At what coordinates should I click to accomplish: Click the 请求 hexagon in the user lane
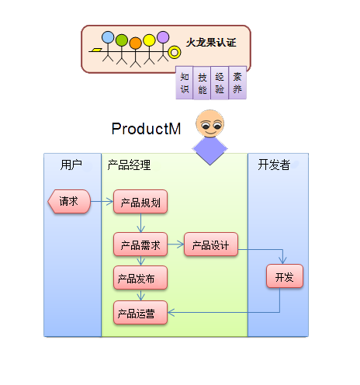(x=69, y=201)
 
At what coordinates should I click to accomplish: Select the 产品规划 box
(x=140, y=202)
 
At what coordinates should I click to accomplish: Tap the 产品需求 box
(x=140, y=245)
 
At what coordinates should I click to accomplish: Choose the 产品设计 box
(x=211, y=245)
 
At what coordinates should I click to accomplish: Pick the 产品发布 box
(x=140, y=278)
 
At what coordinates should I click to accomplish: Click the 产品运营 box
(x=140, y=312)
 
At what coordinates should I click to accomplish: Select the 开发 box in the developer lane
(x=285, y=276)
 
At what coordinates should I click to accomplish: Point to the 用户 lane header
(x=71, y=165)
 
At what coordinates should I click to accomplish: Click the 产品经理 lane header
(x=129, y=165)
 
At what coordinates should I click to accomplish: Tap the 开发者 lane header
(x=274, y=165)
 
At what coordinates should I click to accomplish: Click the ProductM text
(x=146, y=129)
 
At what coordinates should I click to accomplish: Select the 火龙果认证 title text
(x=211, y=43)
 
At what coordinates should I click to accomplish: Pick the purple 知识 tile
(x=185, y=83)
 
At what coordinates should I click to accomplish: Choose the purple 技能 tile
(x=202, y=83)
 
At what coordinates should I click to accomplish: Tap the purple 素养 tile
(x=237, y=83)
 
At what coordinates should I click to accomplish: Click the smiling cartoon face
(x=210, y=123)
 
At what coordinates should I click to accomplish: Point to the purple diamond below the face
(x=209, y=149)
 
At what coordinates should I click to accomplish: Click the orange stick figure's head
(x=135, y=43)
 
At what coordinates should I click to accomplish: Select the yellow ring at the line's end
(x=175, y=53)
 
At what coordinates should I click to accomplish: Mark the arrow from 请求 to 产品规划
(x=102, y=201)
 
